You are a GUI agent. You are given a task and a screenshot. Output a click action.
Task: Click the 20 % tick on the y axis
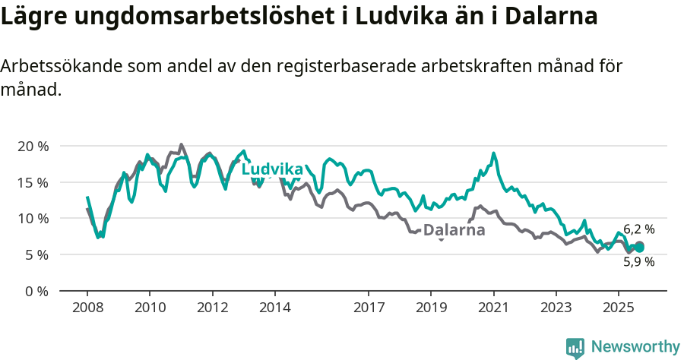[33, 146]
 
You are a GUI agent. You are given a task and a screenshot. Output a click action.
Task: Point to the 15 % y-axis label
[33, 182]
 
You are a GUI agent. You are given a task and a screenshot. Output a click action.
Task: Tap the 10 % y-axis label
[33, 219]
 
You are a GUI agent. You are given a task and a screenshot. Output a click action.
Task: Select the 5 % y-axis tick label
[36, 254]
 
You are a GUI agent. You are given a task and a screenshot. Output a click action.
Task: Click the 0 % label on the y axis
[36, 291]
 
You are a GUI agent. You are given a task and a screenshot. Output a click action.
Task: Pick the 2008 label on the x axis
[87, 308]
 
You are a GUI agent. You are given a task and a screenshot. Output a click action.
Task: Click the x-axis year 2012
[212, 308]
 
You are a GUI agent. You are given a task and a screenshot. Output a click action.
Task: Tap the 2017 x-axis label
[369, 308]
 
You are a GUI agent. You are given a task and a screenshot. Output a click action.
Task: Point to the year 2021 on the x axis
[494, 308]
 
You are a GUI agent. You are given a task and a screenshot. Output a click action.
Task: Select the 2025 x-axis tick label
[619, 308]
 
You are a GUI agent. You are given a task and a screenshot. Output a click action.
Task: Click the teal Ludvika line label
[272, 169]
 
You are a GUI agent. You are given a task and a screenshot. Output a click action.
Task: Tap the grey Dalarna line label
[454, 230]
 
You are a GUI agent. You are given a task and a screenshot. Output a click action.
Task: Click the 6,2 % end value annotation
[639, 229]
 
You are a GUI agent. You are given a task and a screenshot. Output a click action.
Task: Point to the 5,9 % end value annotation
[639, 262]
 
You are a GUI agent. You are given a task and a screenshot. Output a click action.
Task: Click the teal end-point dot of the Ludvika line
[639, 247]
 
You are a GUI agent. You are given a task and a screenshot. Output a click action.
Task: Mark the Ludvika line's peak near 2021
[494, 153]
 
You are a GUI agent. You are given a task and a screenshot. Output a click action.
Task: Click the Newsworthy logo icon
[575, 348]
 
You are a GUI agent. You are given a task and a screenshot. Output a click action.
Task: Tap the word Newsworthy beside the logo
[635, 347]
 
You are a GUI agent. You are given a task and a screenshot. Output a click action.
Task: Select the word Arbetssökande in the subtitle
[57, 66]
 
